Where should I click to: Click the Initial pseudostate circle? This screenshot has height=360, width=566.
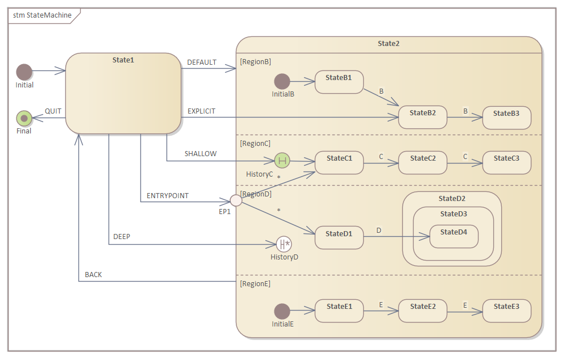click(24, 72)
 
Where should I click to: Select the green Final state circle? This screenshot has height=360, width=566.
click(24, 118)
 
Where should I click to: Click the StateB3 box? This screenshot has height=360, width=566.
click(506, 118)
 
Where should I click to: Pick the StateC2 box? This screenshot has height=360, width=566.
click(422, 162)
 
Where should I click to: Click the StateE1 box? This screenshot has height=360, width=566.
click(339, 311)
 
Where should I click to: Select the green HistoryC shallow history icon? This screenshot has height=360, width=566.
click(282, 161)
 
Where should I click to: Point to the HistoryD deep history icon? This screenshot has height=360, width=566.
click(284, 245)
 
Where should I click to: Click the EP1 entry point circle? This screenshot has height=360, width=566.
click(236, 200)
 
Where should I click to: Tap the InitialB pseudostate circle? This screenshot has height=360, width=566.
click(282, 82)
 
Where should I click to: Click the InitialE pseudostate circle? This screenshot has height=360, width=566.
click(282, 311)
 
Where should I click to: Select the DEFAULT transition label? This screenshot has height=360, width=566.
click(202, 62)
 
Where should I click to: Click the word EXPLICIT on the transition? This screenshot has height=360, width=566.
click(201, 111)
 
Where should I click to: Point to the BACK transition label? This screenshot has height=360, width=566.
click(93, 275)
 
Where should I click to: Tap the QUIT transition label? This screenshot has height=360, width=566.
click(53, 111)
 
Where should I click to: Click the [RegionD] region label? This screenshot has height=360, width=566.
click(256, 194)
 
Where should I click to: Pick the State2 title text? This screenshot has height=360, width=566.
click(388, 44)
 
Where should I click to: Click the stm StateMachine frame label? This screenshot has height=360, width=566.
click(42, 15)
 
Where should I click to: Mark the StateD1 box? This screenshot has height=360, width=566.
click(339, 237)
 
